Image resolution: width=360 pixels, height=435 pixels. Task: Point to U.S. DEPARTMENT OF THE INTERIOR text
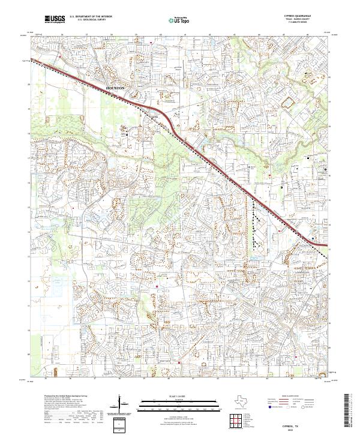click(91, 17)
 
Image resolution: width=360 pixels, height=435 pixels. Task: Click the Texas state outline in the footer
click(238, 401)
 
